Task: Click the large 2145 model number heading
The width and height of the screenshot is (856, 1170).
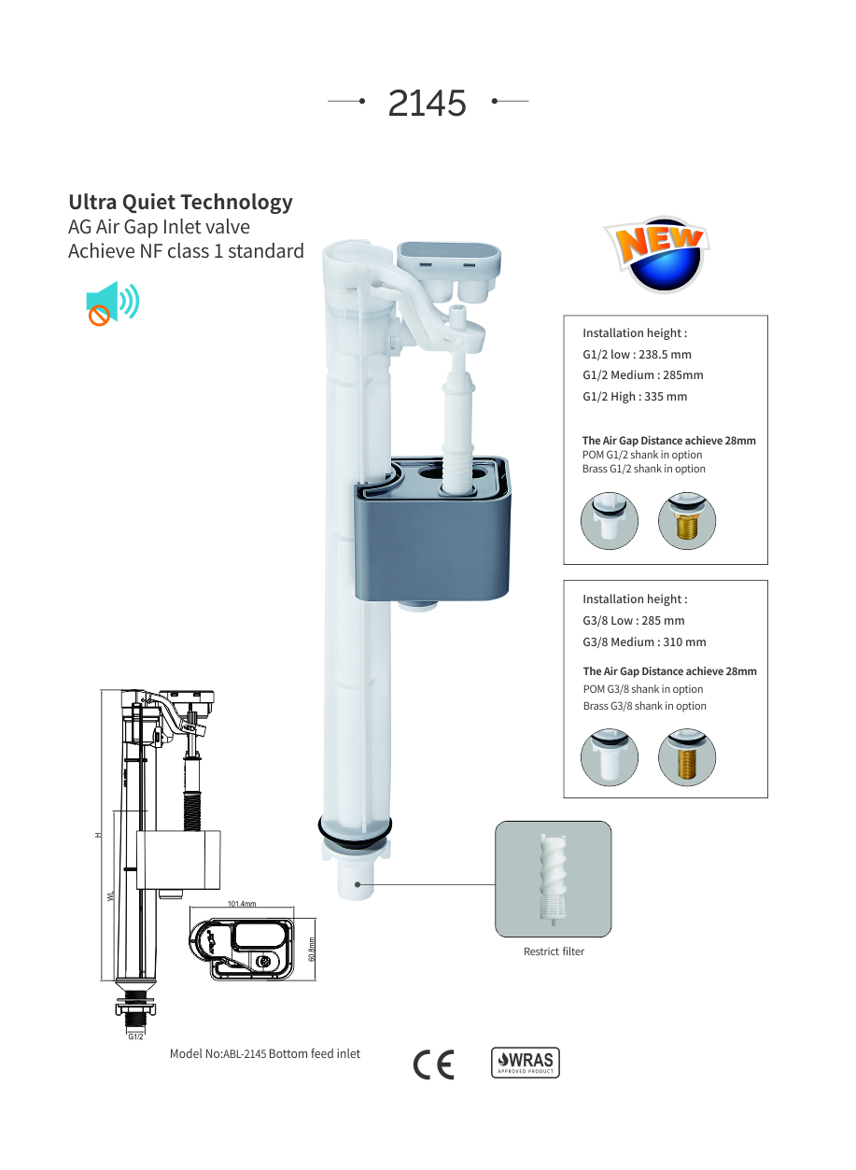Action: tap(427, 103)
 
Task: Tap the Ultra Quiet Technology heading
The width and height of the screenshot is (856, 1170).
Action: tap(180, 203)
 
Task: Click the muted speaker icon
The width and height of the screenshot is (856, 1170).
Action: tap(112, 303)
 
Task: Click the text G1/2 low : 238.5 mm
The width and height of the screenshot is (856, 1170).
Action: tap(637, 355)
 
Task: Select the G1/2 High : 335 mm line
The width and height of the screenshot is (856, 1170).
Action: tap(635, 397)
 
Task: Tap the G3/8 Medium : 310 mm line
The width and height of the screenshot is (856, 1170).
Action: tap(644, 641)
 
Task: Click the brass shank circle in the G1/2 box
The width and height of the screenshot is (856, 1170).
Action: tap(686, 521)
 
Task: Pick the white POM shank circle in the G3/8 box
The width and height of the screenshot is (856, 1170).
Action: tap(609, 757)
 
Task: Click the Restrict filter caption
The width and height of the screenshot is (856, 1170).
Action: tap(554, 952)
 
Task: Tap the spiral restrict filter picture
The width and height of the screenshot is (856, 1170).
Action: tap(553, 879)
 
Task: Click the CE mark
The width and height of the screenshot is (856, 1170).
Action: tap(434, 1064)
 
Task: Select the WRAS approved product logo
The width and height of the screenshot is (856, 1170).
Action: tap(525, 1063)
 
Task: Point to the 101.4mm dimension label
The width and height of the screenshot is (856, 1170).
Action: tap(242, 904)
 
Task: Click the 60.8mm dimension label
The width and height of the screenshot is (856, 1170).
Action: tap(312, 950)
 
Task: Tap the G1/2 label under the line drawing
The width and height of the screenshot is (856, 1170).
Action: tap(135, 1036)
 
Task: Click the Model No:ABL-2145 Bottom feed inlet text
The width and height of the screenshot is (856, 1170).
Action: tap(265, 1054)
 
